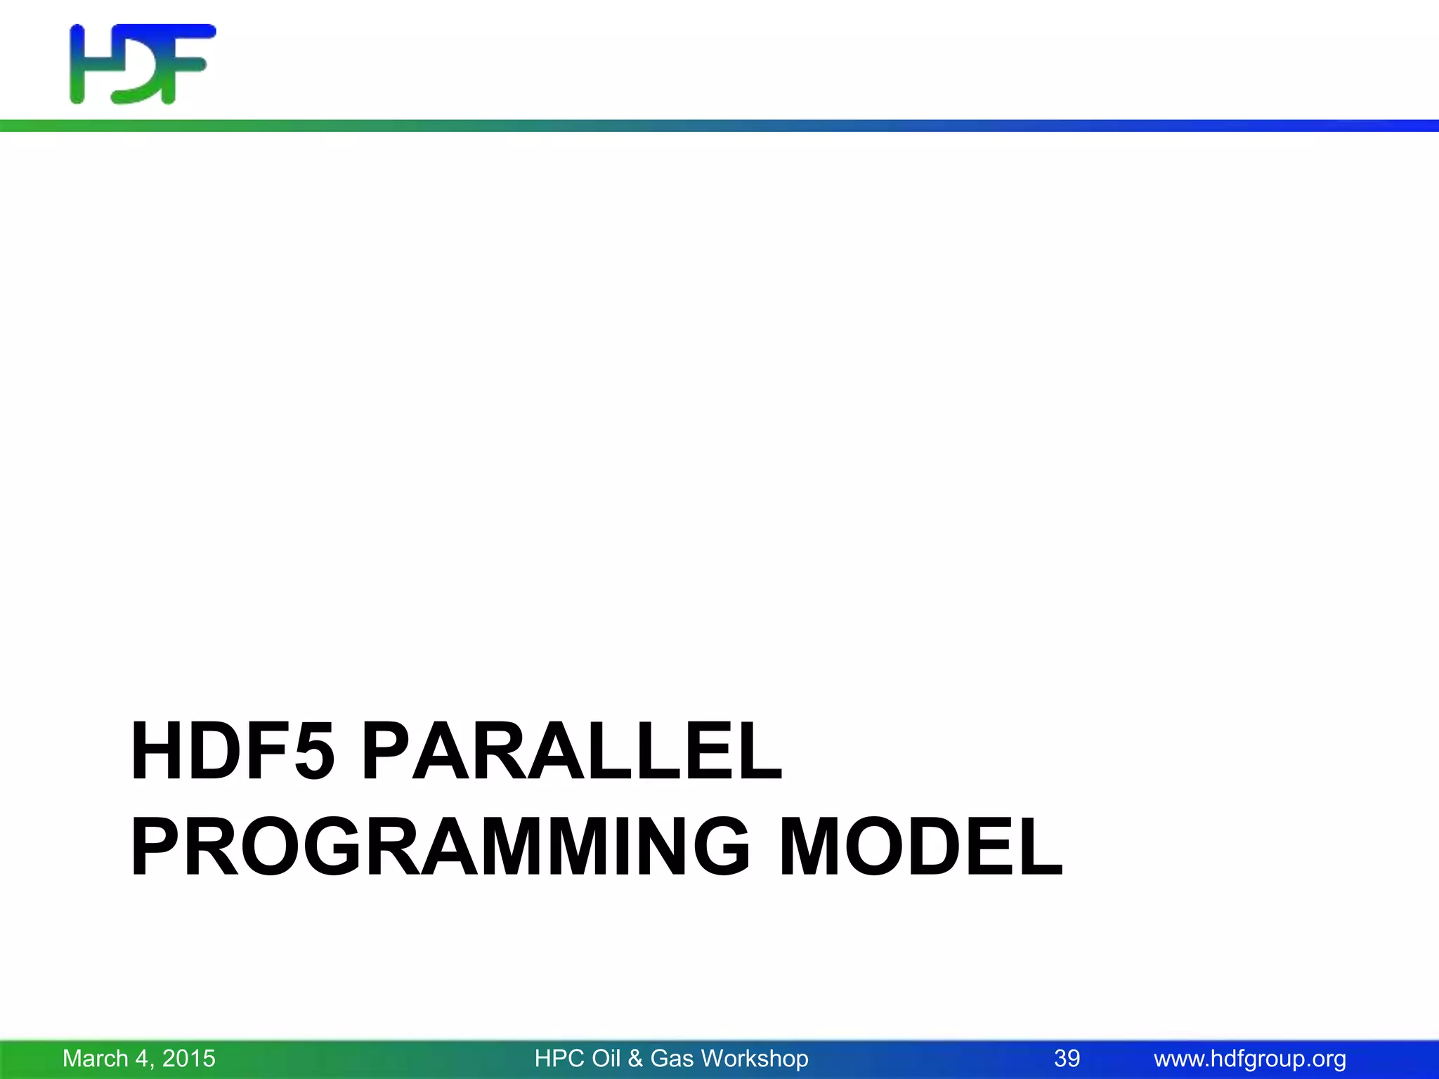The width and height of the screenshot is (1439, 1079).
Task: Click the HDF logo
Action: click(143, 65)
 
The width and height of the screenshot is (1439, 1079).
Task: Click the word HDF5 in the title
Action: click(232, 752)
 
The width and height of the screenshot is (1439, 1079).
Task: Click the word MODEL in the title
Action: click(921, 848)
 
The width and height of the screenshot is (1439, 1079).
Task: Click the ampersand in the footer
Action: click(636, 1059)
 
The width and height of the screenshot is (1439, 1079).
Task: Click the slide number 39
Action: click(1067, 1059)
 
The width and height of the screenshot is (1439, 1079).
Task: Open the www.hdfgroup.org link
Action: click(1250, 1059)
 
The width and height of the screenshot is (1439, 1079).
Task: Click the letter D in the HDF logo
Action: click(137, 70)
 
